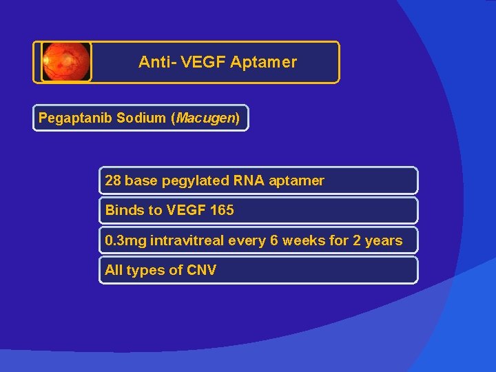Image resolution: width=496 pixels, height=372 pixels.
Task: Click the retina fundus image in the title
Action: [x=65, y=62]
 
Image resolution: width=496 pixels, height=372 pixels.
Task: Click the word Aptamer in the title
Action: [x=264, y=62]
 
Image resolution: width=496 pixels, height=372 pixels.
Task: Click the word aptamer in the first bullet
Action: [x=296, y=180]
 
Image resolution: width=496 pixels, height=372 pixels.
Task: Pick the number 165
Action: [x=222, y=210]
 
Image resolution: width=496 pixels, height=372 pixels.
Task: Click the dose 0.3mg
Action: [x=125, y=240]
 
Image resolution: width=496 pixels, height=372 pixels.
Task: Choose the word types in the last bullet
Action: [x=145, y=270]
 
